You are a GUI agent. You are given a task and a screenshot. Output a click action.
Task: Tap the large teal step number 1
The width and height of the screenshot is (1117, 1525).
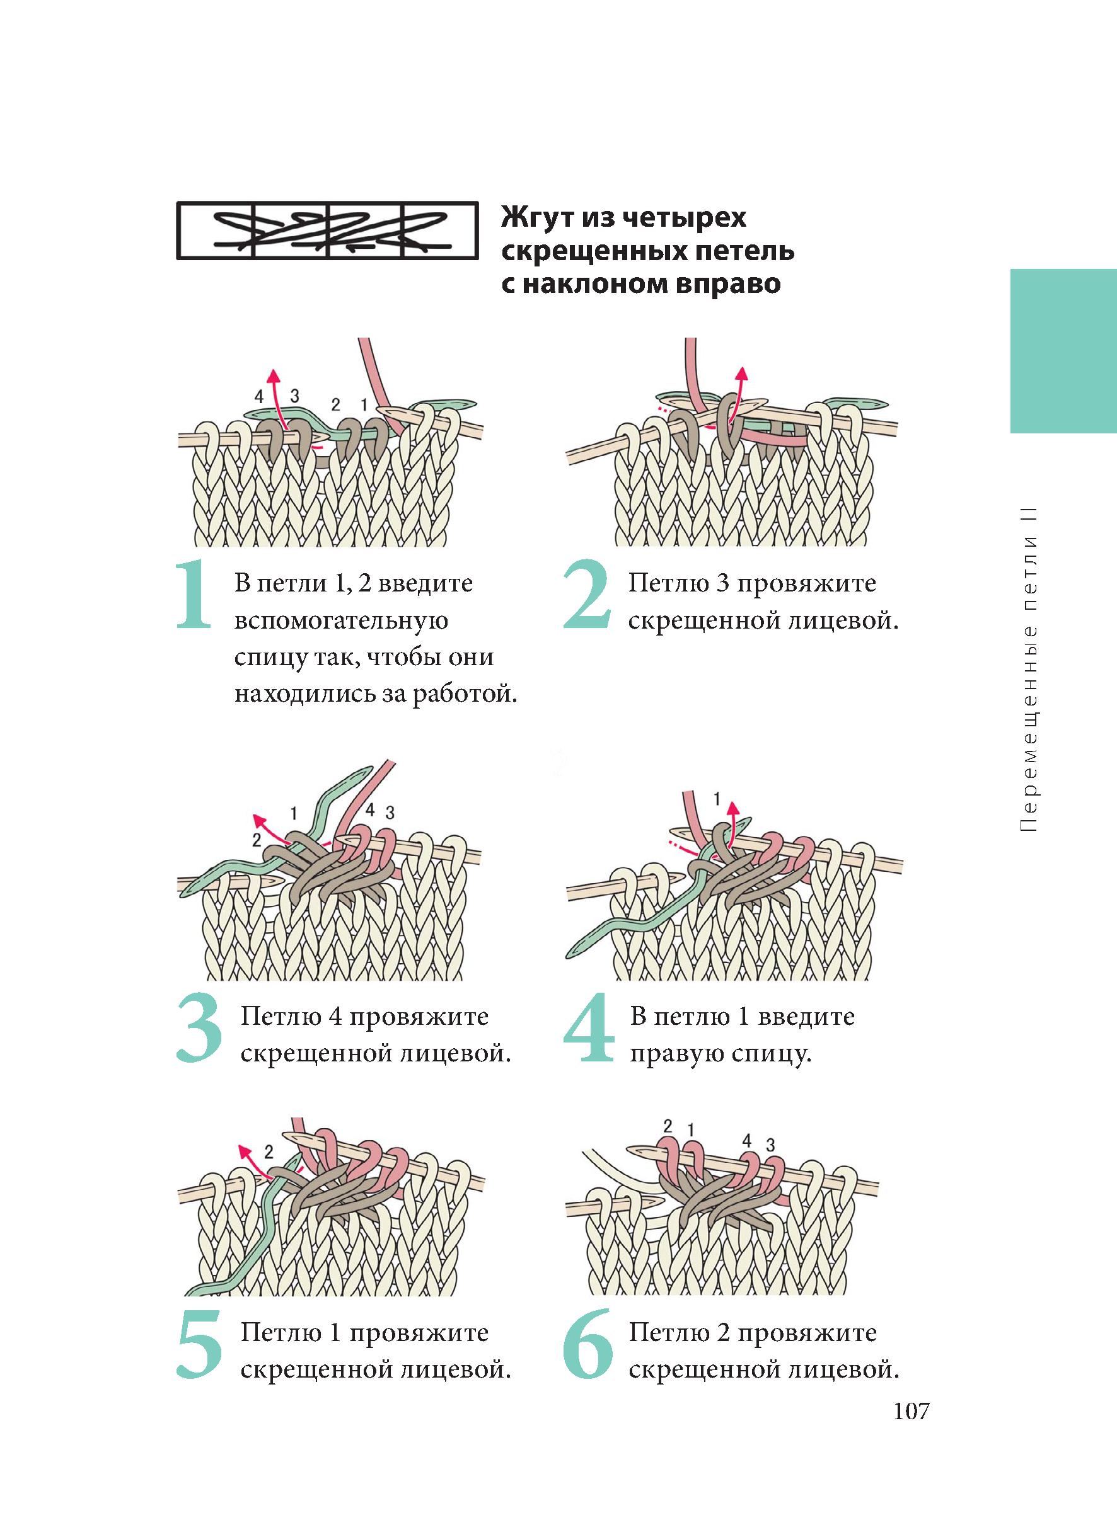[194, 595]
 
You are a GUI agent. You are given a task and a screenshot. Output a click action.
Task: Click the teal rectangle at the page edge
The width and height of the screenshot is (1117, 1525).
[1063, 351]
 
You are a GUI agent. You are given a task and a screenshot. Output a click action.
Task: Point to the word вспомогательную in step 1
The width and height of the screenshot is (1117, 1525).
[341, 621]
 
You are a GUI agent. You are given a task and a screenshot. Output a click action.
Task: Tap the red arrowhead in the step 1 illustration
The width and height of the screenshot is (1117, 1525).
[273, 374]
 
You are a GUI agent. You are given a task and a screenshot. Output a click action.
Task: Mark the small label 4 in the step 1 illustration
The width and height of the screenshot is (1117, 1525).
[259, 397]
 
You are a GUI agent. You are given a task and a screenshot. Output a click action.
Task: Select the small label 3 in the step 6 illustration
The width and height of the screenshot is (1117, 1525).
[770, 1145]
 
